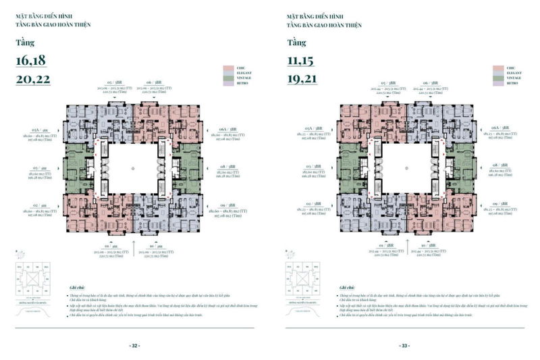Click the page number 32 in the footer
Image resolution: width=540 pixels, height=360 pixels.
pos(134,345)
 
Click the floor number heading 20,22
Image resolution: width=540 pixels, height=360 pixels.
pos(31,79)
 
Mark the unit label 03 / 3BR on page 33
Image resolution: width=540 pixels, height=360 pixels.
pos(311,166)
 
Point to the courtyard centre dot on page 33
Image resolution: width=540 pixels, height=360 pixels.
pos(404,167)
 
